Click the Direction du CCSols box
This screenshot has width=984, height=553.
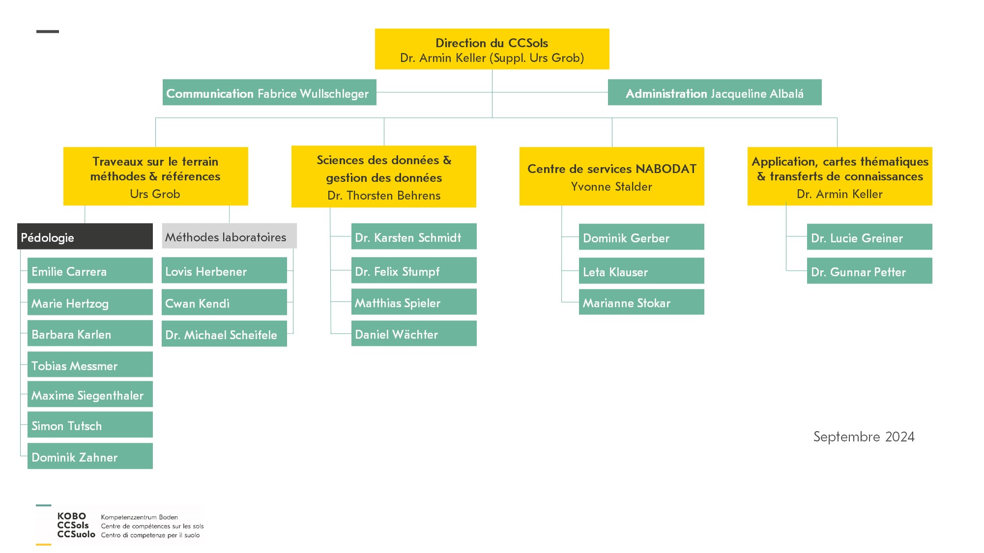492,49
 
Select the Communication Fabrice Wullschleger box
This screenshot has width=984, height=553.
269,92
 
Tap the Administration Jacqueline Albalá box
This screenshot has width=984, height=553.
715,92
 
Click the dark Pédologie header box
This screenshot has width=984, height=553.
85,236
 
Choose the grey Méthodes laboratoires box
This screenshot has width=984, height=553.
229,236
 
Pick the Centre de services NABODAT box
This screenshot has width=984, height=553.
612,176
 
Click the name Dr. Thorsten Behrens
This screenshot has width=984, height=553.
384,196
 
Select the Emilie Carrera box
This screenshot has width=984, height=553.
90,270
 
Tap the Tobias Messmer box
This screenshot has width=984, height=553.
90,364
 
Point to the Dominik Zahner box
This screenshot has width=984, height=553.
90,456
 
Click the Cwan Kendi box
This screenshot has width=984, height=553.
224,302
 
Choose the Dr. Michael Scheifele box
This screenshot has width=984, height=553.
224,334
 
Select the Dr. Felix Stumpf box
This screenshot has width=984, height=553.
414,270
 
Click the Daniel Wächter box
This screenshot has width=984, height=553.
414,333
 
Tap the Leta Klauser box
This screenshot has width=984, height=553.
641,271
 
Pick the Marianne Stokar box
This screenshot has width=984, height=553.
641,302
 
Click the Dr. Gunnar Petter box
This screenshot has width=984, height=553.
869,271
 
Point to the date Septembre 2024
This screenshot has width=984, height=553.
864,437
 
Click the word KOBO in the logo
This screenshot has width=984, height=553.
72,516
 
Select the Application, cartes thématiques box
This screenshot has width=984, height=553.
840,176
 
